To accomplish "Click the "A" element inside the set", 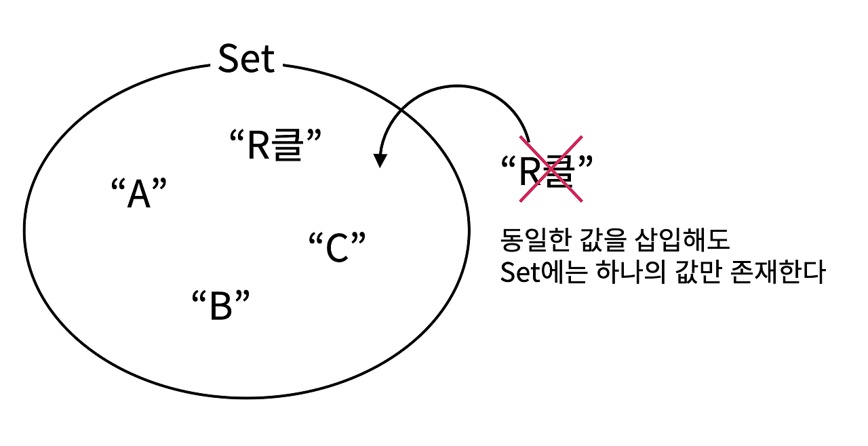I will click(x=138, y=195).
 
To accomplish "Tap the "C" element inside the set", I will click(x=337, y=248).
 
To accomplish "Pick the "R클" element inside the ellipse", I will click(x=274, y=145).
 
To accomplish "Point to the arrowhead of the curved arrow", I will click(x=380, y=160).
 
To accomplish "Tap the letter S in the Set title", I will click(x=229, y=60).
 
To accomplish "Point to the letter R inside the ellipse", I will click(x=259, y=146).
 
